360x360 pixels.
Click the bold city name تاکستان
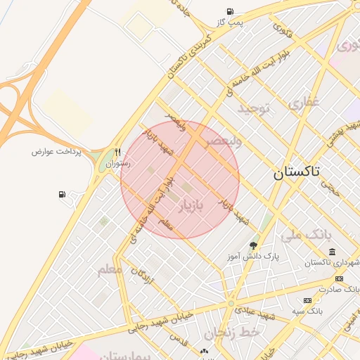[296, 172]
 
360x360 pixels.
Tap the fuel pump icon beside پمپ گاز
[230, 11]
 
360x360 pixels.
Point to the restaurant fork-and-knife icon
[117, 152]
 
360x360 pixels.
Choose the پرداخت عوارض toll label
[57, 151]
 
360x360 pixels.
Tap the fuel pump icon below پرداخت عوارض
[63, 194]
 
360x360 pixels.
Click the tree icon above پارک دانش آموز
[253, 245]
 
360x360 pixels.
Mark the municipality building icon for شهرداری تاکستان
[332, 252]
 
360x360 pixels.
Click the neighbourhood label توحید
[253, 108]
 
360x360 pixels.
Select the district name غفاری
[304, 103]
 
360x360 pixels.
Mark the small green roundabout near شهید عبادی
[231, 304]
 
